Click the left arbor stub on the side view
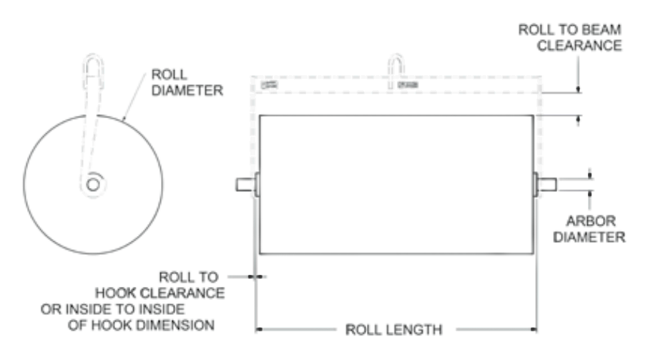[x=245, y=184]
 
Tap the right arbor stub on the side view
[x=547, y=184]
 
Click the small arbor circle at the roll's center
[x=92, y=184]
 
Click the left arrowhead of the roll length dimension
[x=260, y=330]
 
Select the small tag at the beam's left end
[x=270, y=84]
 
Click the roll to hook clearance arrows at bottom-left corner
[x=256, y=276]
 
